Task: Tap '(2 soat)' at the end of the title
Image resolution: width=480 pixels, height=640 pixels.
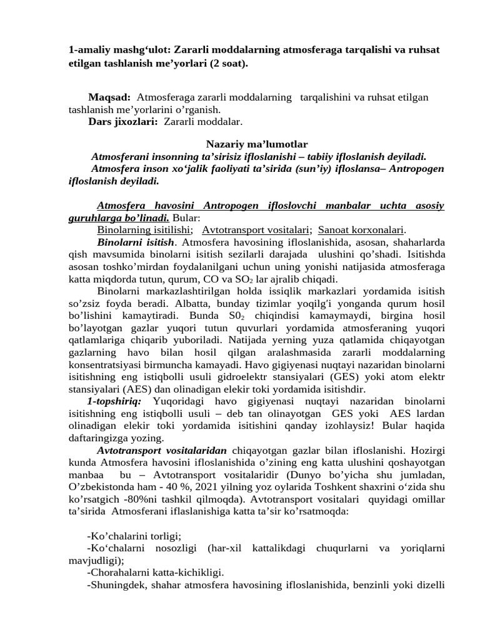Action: [226, 63]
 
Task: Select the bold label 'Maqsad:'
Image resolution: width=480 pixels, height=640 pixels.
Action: [109, 97]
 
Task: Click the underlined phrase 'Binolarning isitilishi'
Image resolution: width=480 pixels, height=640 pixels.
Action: [144, 229]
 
